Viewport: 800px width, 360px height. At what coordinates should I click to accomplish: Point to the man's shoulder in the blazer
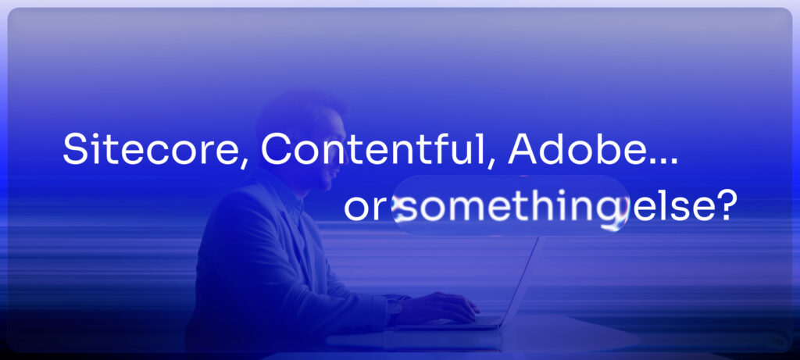click(234, 204)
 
